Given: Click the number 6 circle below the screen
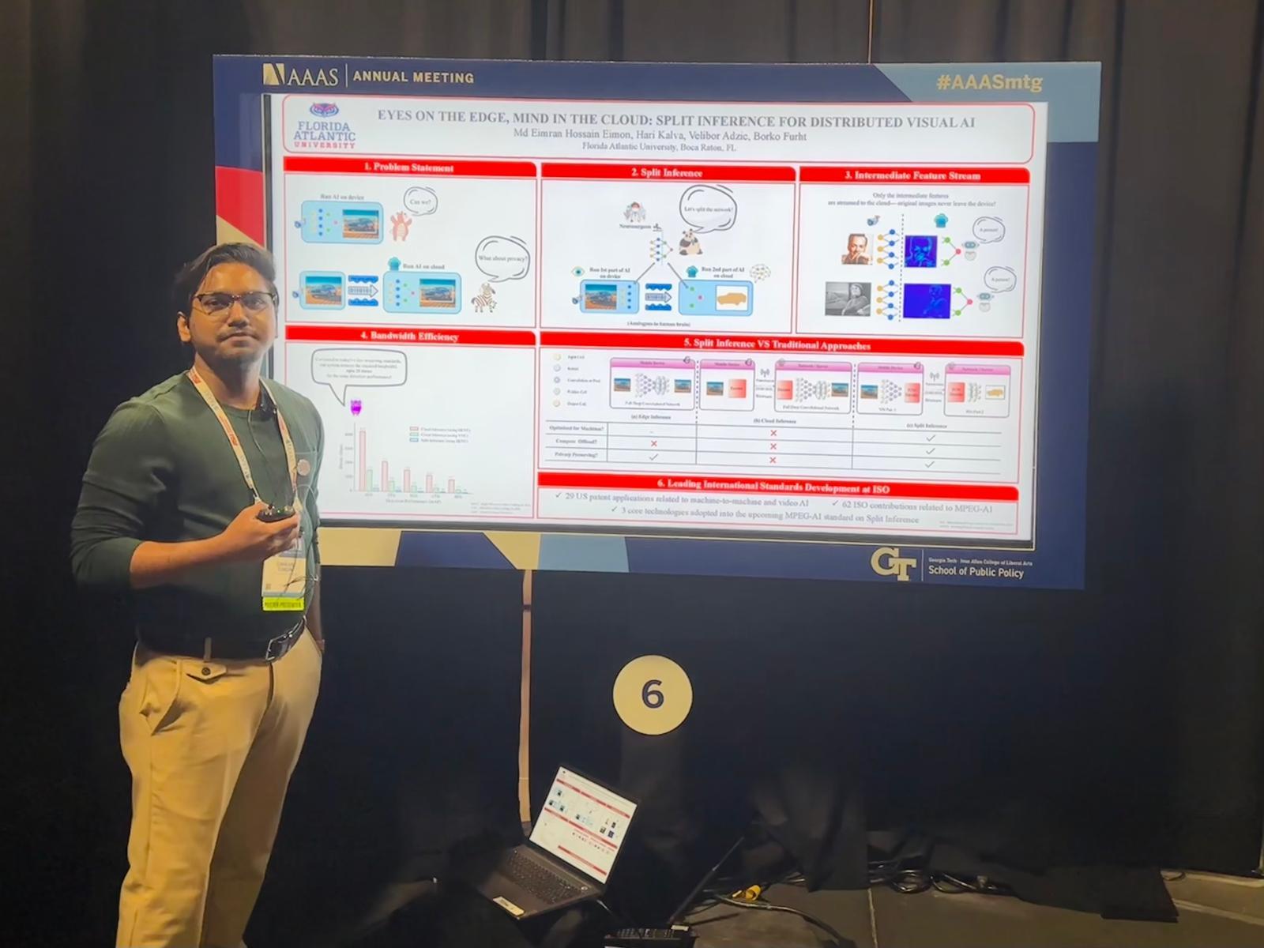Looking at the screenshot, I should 652,694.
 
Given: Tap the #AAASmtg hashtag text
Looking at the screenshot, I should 988,82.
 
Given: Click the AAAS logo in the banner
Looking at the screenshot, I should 301,76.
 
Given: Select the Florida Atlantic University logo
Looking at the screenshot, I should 324,126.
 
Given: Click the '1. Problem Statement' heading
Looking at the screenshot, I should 408,167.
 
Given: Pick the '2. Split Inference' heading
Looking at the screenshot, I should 667,172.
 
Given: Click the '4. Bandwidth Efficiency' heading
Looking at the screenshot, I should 408,336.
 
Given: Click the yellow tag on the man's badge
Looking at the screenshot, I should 281,604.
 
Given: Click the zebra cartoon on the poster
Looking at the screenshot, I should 483,298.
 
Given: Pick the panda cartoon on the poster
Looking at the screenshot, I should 690,243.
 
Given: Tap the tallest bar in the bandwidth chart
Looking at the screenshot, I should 362,458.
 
